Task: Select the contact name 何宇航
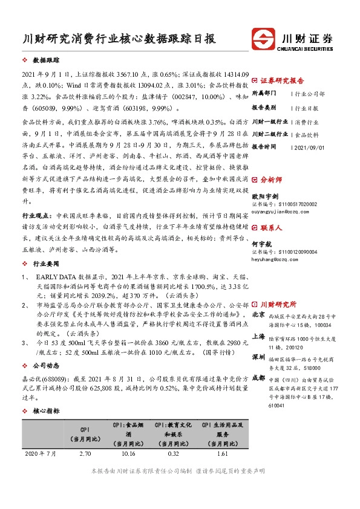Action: pyautogui.click(x=261, y=243)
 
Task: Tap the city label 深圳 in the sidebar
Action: pyautogui.click(x=258, y=356)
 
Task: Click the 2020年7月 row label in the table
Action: pyautogui.click(x=43, y=452)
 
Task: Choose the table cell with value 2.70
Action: pyautogui.click(x=85, y=452)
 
